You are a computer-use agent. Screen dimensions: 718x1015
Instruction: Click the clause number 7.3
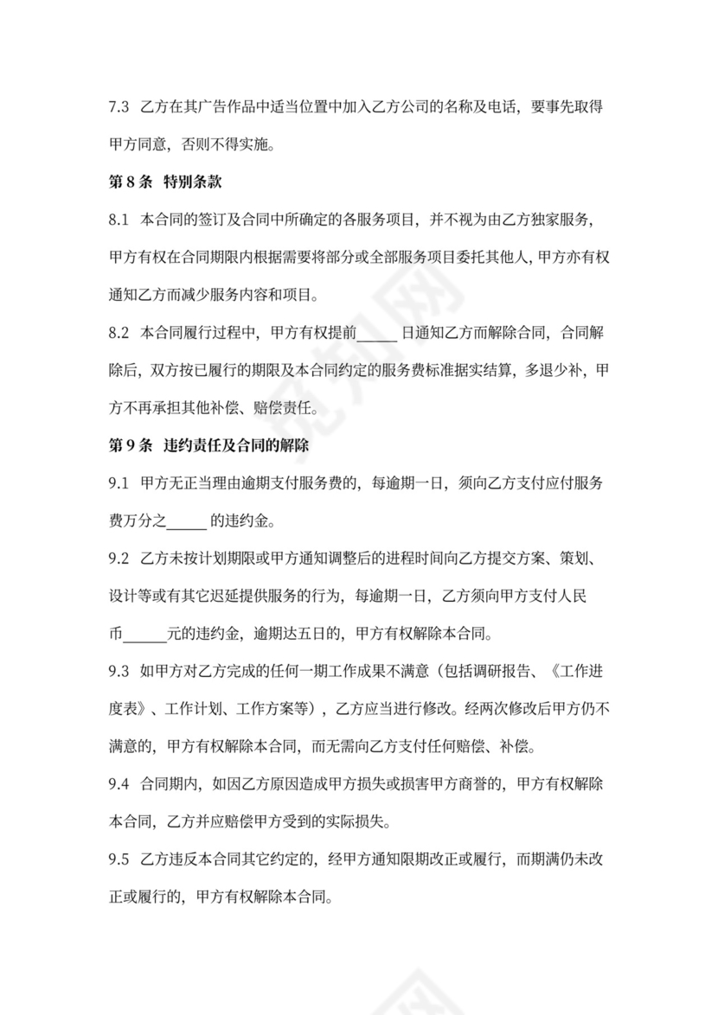pos(119,107)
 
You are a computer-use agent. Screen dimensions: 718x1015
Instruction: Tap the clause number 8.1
pos(119,220)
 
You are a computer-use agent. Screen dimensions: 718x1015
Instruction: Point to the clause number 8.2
pos(119,332)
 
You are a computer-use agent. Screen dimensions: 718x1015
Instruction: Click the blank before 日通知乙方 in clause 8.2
pos(376,333)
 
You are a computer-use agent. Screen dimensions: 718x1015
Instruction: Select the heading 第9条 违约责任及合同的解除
pos(208,445)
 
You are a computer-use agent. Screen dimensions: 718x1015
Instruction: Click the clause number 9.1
pos(119,482)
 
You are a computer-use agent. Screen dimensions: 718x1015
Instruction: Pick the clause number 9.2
pos(119,558)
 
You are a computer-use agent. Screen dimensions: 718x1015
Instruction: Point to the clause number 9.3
pos(119,671)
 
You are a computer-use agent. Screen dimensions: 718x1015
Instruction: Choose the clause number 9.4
pos(119,783)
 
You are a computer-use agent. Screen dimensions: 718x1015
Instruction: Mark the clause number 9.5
pos(119,859)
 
